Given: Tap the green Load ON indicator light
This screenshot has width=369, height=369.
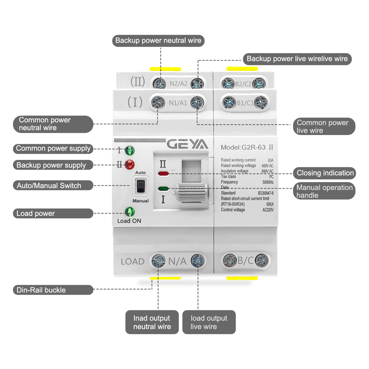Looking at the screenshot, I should point(129,212).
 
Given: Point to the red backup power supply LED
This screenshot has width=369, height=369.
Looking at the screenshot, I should point(129,165).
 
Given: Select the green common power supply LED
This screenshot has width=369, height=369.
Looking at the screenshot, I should point(129,151).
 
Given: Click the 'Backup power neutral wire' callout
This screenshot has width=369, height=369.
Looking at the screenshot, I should point(158,41).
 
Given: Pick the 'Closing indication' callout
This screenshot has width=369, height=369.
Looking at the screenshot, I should point(325,173).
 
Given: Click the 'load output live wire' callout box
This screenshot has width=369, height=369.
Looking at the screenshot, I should point(209,322).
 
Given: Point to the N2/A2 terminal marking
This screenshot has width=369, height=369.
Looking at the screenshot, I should point(178,84).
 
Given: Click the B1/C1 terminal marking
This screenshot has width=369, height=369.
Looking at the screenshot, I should point(245,103).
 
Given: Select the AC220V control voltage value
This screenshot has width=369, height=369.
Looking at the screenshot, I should point(268,210).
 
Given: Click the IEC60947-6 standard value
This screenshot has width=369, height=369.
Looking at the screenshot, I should point(265,193).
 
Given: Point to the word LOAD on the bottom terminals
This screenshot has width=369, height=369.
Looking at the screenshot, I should point(133,262).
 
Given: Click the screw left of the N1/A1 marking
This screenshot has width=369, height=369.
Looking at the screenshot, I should point(158,102).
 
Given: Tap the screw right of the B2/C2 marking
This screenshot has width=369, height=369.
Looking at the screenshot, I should point(259,84).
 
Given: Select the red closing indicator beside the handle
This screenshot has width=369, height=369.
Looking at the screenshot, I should point(163,174).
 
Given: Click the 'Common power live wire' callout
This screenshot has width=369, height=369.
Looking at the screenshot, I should point(324,126).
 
